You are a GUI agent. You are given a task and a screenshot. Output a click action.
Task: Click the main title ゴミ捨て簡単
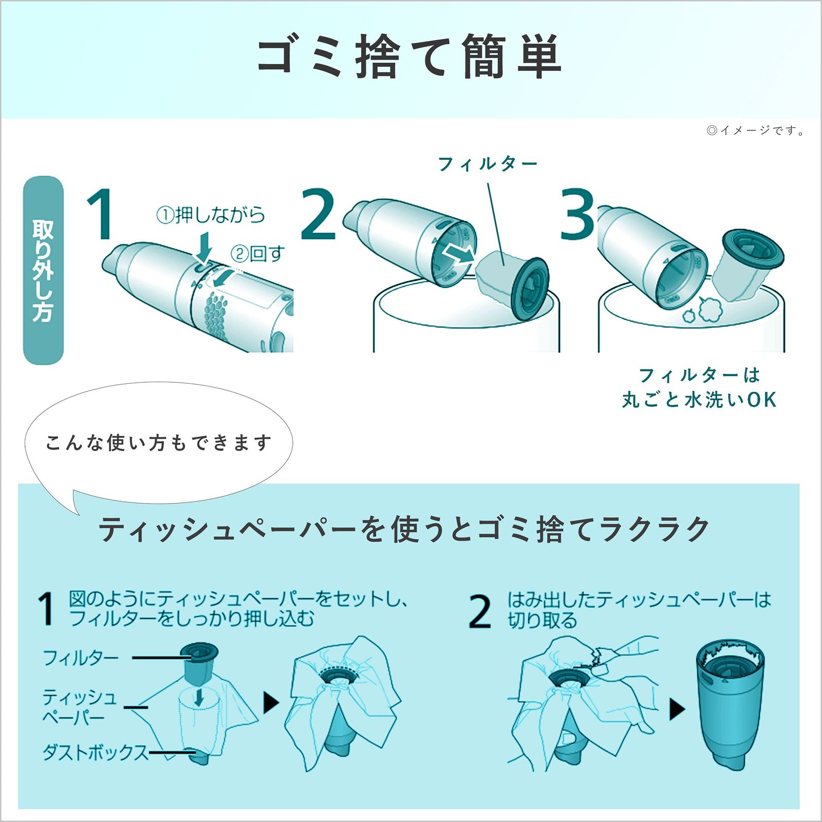[409, 57]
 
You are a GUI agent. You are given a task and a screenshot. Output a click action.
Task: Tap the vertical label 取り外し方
[43, 271]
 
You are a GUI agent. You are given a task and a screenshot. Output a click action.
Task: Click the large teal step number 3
[577, 215]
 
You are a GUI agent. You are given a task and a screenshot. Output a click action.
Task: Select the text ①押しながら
[211, 215]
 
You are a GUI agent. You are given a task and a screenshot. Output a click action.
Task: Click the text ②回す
[257, 254]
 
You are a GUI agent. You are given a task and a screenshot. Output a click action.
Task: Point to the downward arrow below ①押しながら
[204, 247]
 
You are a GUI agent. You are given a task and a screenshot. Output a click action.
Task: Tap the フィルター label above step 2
[487, 164]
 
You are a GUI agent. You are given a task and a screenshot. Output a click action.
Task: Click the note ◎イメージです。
[755, 130]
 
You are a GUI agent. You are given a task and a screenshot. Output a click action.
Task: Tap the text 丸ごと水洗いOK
[699, 400]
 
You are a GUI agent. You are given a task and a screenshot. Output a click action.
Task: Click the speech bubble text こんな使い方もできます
[158, 443]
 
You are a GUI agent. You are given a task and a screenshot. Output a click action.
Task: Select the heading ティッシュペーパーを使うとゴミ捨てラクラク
[404, 529]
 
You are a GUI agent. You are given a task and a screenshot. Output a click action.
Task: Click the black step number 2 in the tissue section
[480, 611]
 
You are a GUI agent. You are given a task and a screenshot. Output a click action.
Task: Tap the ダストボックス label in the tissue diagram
[96, 753]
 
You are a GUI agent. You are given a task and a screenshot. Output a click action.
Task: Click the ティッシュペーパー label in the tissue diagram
[80, 707]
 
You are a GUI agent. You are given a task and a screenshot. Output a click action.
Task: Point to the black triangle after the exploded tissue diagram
[271, 702]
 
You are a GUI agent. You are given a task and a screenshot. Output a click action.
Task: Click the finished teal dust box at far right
[730, 704]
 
